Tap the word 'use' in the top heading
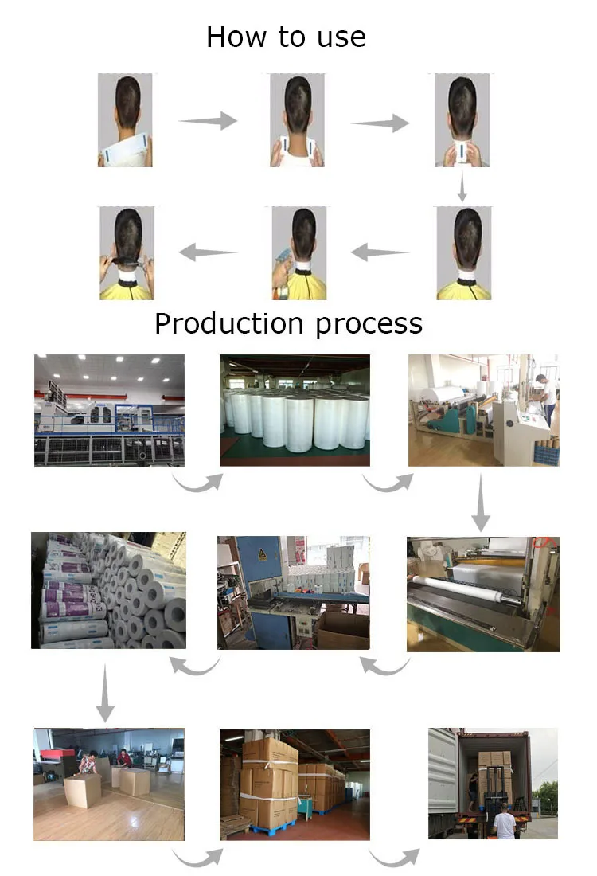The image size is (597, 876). (341, 37)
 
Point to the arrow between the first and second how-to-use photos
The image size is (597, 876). (208, 121)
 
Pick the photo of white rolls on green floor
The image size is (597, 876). (295, 409)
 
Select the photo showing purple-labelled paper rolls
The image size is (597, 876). (108, 590)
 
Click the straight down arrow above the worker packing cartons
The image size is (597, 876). (103, 693)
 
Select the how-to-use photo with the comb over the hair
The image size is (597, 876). (126, 253)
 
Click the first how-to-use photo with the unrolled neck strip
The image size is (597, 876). (125, 120)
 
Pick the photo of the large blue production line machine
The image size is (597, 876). (109, 409)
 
